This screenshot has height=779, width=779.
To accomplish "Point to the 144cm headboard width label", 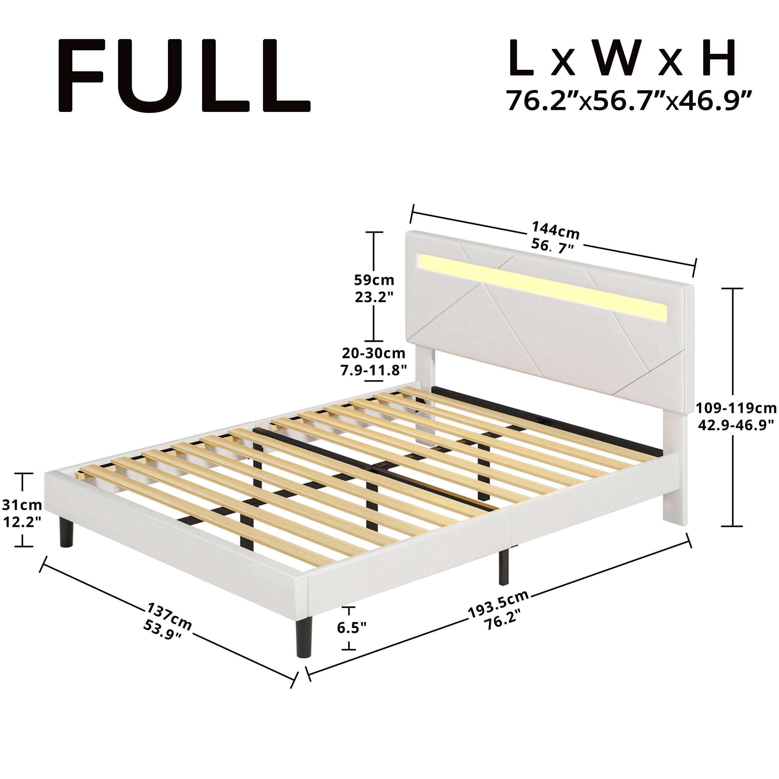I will pos(555,230).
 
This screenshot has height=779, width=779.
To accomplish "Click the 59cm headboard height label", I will pos(374,280).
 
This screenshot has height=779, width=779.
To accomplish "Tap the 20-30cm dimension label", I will pos(373,353).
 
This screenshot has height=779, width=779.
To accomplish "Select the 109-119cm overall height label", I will pos(736,409).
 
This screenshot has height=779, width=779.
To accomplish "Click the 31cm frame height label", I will pos(22,504).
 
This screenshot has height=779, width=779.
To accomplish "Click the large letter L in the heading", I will pos(521,58).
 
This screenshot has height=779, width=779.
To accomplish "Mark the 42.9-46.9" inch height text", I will pos(736,425).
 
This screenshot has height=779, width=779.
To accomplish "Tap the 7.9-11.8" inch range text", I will pos(373,370).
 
